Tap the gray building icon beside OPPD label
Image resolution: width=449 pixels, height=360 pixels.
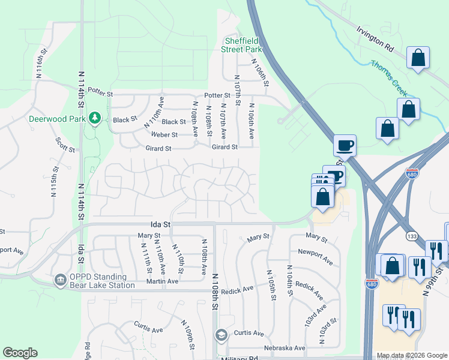click(x=60, y=280)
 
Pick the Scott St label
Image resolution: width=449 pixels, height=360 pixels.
click(x=65, y=145)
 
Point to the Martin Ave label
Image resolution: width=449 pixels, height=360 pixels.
click(x=164, y=281)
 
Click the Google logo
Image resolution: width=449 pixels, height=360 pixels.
click(x=20, y=353)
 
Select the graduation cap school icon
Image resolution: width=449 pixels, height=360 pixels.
click(x=221, y=334)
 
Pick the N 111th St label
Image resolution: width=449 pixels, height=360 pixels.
click(x=146, y=257)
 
